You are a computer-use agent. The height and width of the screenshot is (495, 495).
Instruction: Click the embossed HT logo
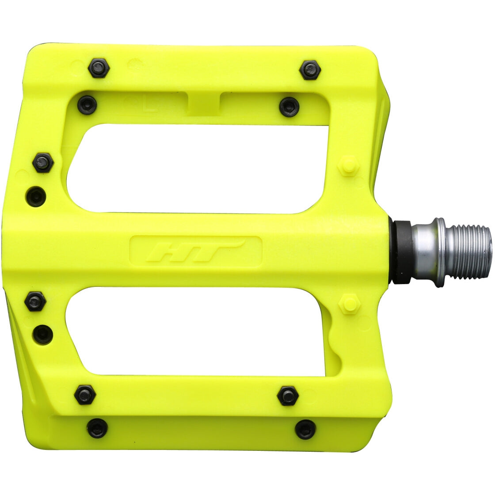click(x=195, y=251)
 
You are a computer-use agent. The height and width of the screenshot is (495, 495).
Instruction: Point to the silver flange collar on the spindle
click(x=438, y=252)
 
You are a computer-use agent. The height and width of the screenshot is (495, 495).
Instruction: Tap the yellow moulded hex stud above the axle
click(x=349, y=165)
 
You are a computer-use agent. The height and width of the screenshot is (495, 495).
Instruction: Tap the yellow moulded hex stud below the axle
click(x=349, y=304)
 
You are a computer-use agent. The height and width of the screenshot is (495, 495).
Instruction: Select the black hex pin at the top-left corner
click(x=99, y=68)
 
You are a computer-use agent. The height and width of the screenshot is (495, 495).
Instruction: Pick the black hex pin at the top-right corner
click(x=310, y=70)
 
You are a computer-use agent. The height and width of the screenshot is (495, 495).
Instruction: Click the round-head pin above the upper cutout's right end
click(x=289, y=107)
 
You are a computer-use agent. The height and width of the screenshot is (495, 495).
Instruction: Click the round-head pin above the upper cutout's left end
click(x=87, y=105)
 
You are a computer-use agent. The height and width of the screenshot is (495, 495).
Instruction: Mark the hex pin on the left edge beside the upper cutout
click(x=43, y=163)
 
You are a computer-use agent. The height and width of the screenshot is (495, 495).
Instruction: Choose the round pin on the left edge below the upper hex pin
click(x=36, y=196)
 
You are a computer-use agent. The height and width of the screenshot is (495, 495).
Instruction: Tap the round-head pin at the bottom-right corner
click(x=305, y=429)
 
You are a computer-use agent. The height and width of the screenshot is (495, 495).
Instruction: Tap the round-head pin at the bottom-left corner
click(x=97, y=428)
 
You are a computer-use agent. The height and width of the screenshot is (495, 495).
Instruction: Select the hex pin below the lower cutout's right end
click(x=288, y=396)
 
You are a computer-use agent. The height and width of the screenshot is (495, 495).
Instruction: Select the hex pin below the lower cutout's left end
click(x=85, y=394)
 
